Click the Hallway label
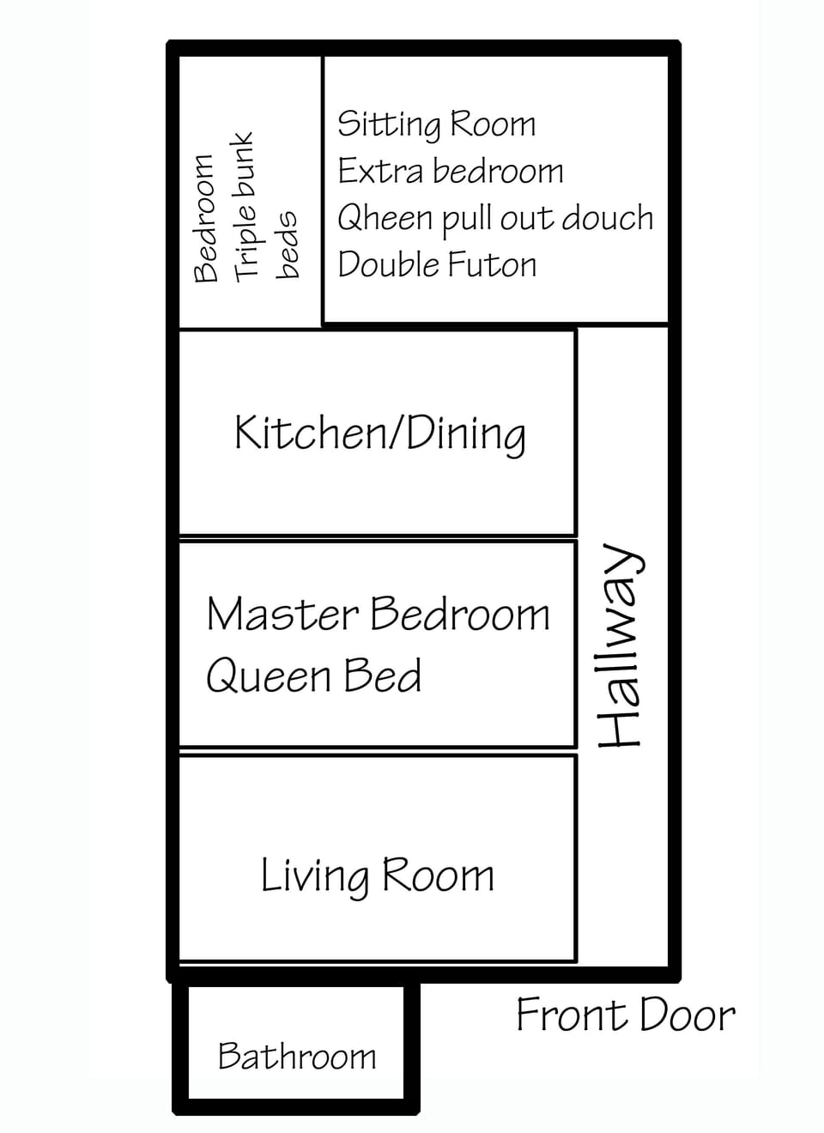[x=620, y=645]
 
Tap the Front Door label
[x=625, y=1015]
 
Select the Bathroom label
[x=297, y=1056]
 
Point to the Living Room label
[x=378, y=876]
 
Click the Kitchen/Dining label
[x=380, y=433]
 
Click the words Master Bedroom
[x=378, y=615]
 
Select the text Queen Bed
[x=314, y=676]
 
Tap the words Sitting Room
[x=436, y=125]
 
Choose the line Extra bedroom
[x=451, y=171]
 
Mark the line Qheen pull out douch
[x=495, y=219]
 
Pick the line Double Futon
[x=437, y=264]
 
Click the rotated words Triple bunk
[x=245, y=205]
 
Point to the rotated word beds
[x=288, y=245]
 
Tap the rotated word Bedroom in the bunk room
[x=205, y=219]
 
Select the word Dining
[x=465, y=434]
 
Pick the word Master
[x=282, y=615]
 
